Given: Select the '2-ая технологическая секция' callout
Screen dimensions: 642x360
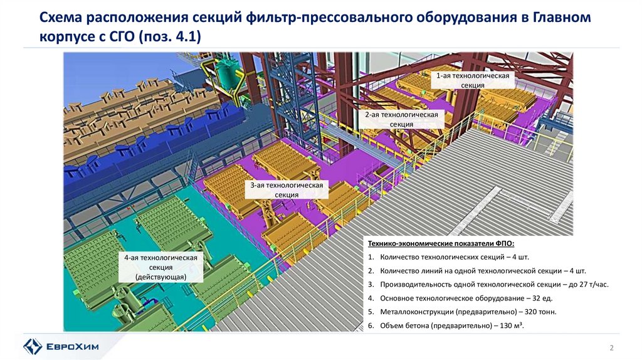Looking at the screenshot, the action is pos(401,120).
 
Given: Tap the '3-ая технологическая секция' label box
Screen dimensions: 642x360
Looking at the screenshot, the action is pos(287,190).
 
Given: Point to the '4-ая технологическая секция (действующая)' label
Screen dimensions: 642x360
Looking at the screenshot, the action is pos(160,267).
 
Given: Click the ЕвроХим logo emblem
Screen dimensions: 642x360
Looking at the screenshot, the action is pos(33,346).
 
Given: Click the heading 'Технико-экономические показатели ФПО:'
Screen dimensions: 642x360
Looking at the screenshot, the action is pos(445,244).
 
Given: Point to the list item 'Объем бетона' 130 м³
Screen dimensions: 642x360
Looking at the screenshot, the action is pos(448,326).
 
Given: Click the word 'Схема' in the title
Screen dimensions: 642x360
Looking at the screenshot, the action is pos(62,18).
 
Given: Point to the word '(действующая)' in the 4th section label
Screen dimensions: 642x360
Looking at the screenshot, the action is pos(160,277).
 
